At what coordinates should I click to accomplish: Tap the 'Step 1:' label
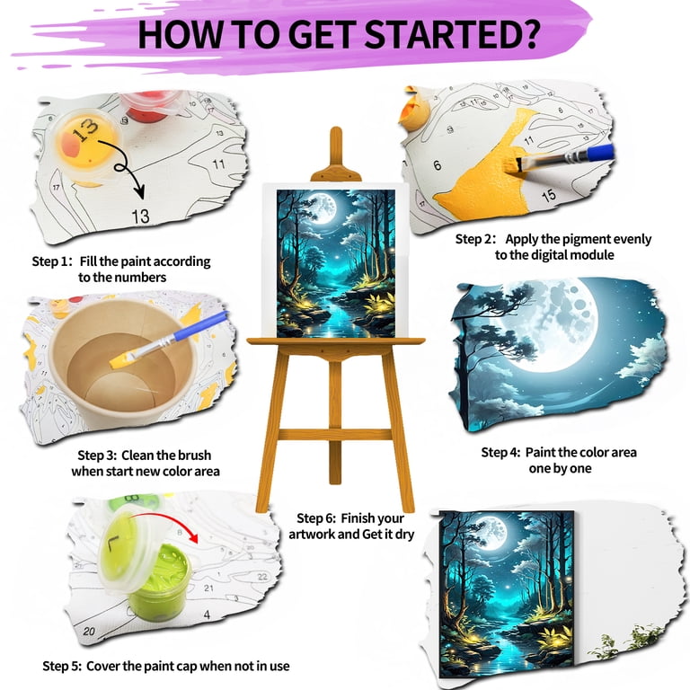[x=52, y=261]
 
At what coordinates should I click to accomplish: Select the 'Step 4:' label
[x=500, y=453]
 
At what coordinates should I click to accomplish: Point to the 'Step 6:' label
[x=316, y=518]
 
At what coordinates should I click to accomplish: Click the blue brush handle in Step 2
[x=597, y=153]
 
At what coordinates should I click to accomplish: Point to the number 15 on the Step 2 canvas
[x=549, y=195]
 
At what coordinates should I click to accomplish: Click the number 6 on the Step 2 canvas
[x=437, y=165]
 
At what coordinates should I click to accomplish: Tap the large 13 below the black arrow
[x=141, y=216]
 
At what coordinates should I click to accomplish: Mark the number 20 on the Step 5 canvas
[x=89, y=631]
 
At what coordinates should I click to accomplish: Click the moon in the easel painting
[x=324, y=206]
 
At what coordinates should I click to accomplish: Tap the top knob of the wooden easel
[x=336, y=133]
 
